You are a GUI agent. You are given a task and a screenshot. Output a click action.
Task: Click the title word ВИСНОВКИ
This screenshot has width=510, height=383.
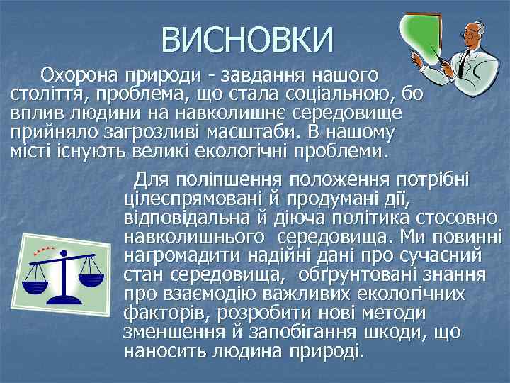click(x=246, y=39)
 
